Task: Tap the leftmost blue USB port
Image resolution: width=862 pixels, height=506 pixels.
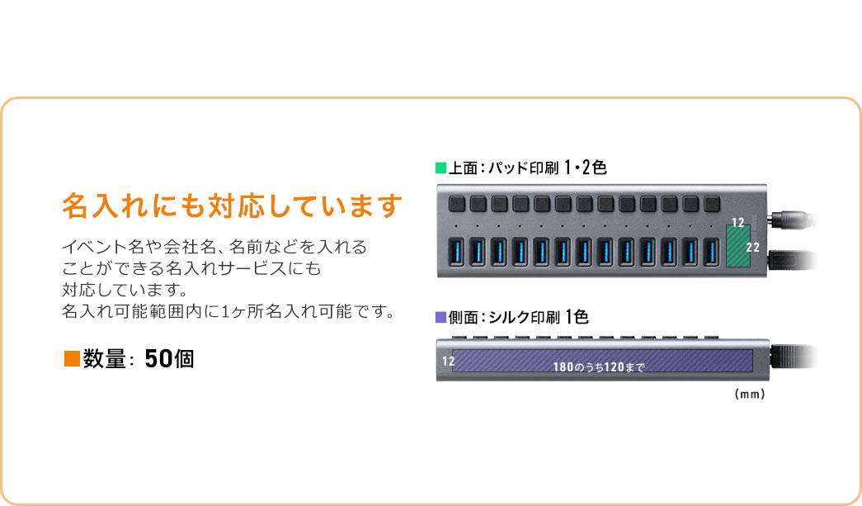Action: (456, 253)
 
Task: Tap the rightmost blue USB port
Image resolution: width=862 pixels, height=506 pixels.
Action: (711, 253)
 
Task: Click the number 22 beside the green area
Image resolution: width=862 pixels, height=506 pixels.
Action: (753, 247)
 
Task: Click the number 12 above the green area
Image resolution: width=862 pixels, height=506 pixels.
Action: (737, 223)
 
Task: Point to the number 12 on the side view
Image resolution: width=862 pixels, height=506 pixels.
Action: (448, 361)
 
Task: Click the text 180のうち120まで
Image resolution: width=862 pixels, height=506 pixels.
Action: (599, 365)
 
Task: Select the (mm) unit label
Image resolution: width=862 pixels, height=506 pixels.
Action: (750, 395)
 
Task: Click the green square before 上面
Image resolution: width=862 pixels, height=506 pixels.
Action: (440, 168)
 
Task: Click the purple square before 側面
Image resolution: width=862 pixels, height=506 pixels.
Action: (440, 317)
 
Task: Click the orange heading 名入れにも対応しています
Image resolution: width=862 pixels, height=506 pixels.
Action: (232, 206)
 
